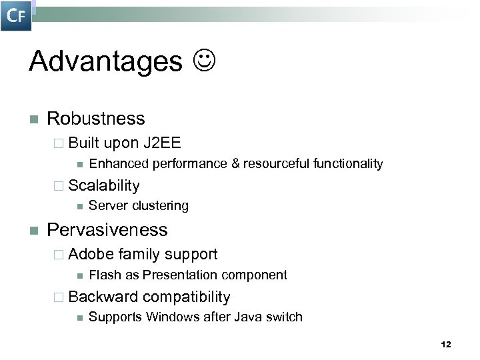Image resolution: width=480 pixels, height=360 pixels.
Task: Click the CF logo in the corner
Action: [x=16, y=16]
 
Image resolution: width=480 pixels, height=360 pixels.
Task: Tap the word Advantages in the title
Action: [x=105, y=62]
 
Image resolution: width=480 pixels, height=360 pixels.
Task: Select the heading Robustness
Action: [x=95, y=119]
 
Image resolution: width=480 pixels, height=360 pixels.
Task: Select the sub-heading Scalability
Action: [x=103, y=185]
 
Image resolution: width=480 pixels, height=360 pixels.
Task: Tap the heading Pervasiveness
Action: [x=107, y=230]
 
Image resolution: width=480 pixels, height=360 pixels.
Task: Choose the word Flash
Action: [x=103, y=275]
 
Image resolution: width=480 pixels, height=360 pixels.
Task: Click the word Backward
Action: [x=103, y=297]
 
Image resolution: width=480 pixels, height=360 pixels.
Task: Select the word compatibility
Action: [x=186, y=297]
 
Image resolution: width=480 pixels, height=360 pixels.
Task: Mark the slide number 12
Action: [x=446, y=345]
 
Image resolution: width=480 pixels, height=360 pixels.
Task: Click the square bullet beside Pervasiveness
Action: [x=33, y=231]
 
